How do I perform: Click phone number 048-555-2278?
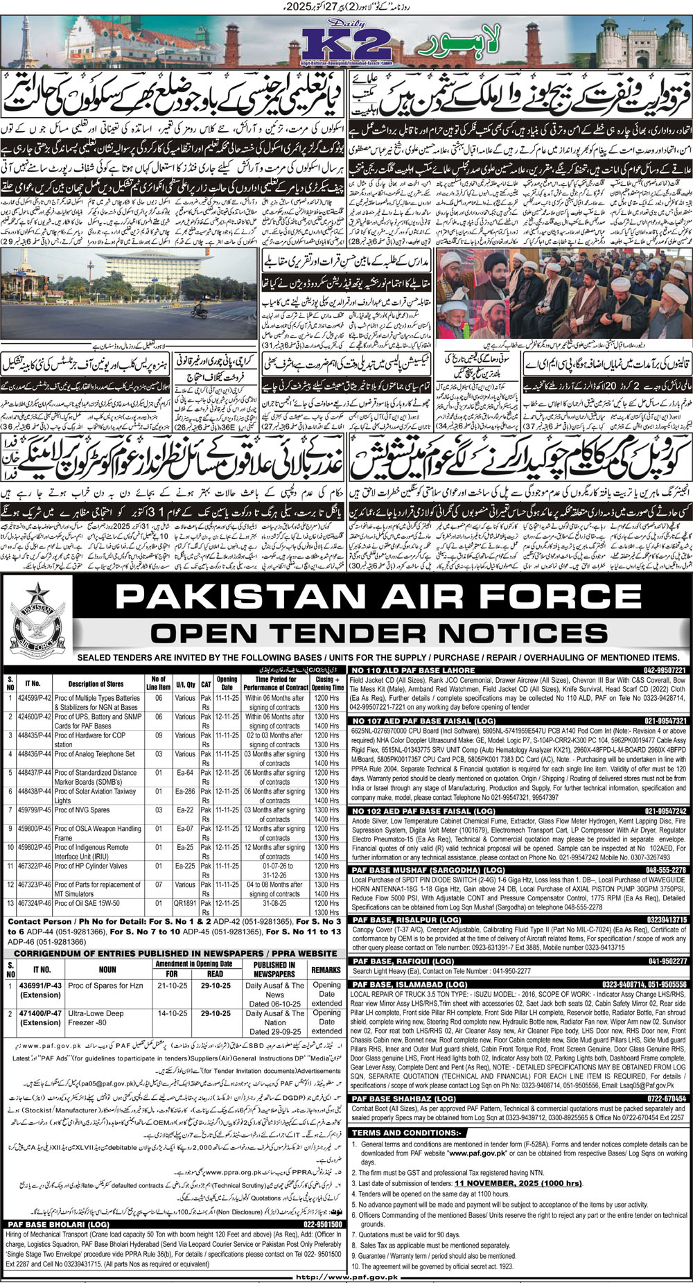[665, 869]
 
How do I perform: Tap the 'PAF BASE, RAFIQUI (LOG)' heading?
[395, 961]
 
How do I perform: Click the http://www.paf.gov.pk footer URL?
[346, 1277]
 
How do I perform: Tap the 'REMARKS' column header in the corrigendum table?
[326, 970]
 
